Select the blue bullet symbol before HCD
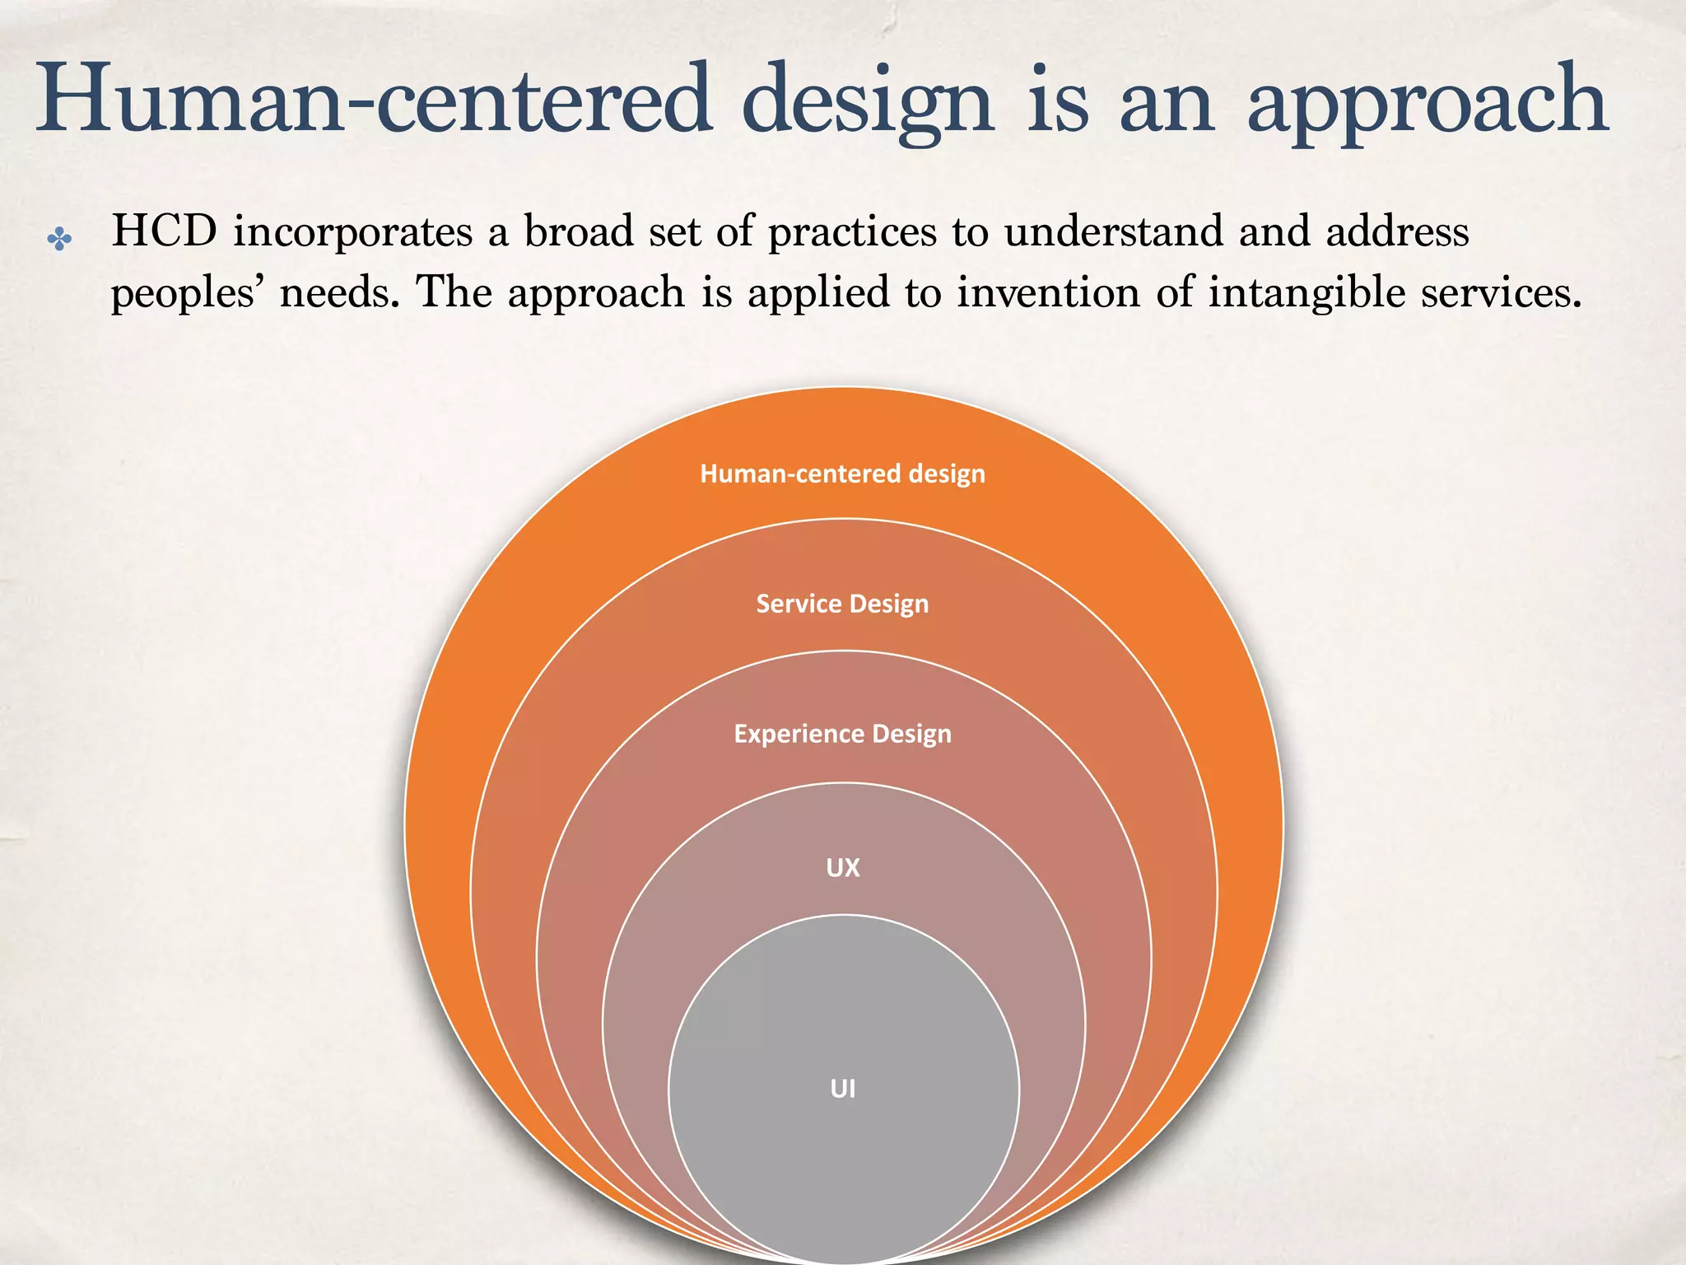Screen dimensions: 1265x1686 (x=59, y=240)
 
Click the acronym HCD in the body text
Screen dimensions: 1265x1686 (x=165, y=231)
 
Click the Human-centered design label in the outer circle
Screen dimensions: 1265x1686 (x=842, y=474)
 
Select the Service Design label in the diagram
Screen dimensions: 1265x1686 (x=842, y=604)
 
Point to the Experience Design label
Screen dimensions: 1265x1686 (x=842, y=734)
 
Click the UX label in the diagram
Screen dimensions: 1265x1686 (x=842, y=867)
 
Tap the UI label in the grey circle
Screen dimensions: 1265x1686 (x=842, y=1089)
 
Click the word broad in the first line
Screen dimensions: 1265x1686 (x=578, y=231)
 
